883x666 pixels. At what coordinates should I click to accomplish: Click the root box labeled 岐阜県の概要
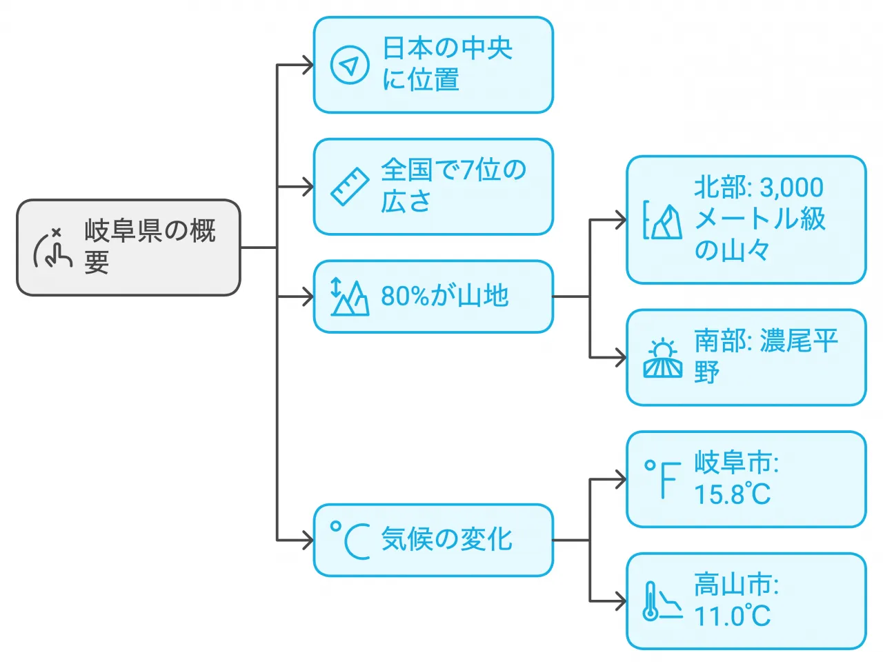coord(128,248)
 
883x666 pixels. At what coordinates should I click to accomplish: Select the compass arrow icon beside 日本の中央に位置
coord(350,65)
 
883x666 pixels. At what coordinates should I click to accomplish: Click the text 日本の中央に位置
coord(447,64)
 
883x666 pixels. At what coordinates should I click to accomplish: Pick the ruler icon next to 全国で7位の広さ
coord(350,187)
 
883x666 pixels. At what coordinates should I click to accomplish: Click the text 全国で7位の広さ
coord(453,185)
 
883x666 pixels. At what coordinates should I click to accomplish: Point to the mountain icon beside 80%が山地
coord(350,297)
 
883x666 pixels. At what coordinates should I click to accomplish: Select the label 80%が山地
coord(445,296)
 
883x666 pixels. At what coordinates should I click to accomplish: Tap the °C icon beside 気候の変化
coord(350,540)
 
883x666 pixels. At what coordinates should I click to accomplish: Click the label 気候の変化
coord(446,540)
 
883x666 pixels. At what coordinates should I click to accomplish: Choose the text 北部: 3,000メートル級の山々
coord(759,219)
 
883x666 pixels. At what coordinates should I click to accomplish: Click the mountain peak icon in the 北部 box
coord(662,221)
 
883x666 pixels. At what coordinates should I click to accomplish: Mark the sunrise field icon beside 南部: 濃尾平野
coord(662,359)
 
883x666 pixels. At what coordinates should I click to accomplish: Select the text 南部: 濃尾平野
coord(765,356)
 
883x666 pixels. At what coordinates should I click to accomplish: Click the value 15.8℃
coord(732,494)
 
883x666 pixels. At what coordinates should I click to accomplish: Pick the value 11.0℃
coord(732,616)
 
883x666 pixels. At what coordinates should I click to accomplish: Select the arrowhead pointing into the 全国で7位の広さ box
coord(308,187)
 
